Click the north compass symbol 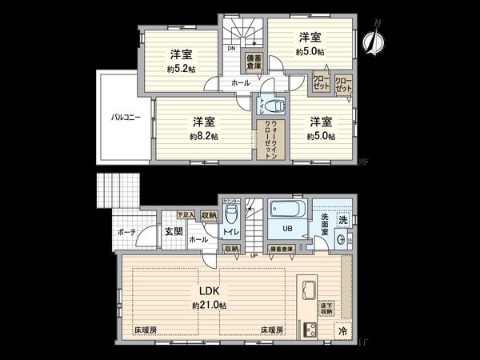point(370,39)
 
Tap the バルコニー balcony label point(126,117)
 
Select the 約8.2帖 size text point(204,136)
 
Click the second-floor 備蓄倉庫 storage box point(254,63)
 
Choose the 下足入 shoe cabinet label point(185,214)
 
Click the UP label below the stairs point(255,255)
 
